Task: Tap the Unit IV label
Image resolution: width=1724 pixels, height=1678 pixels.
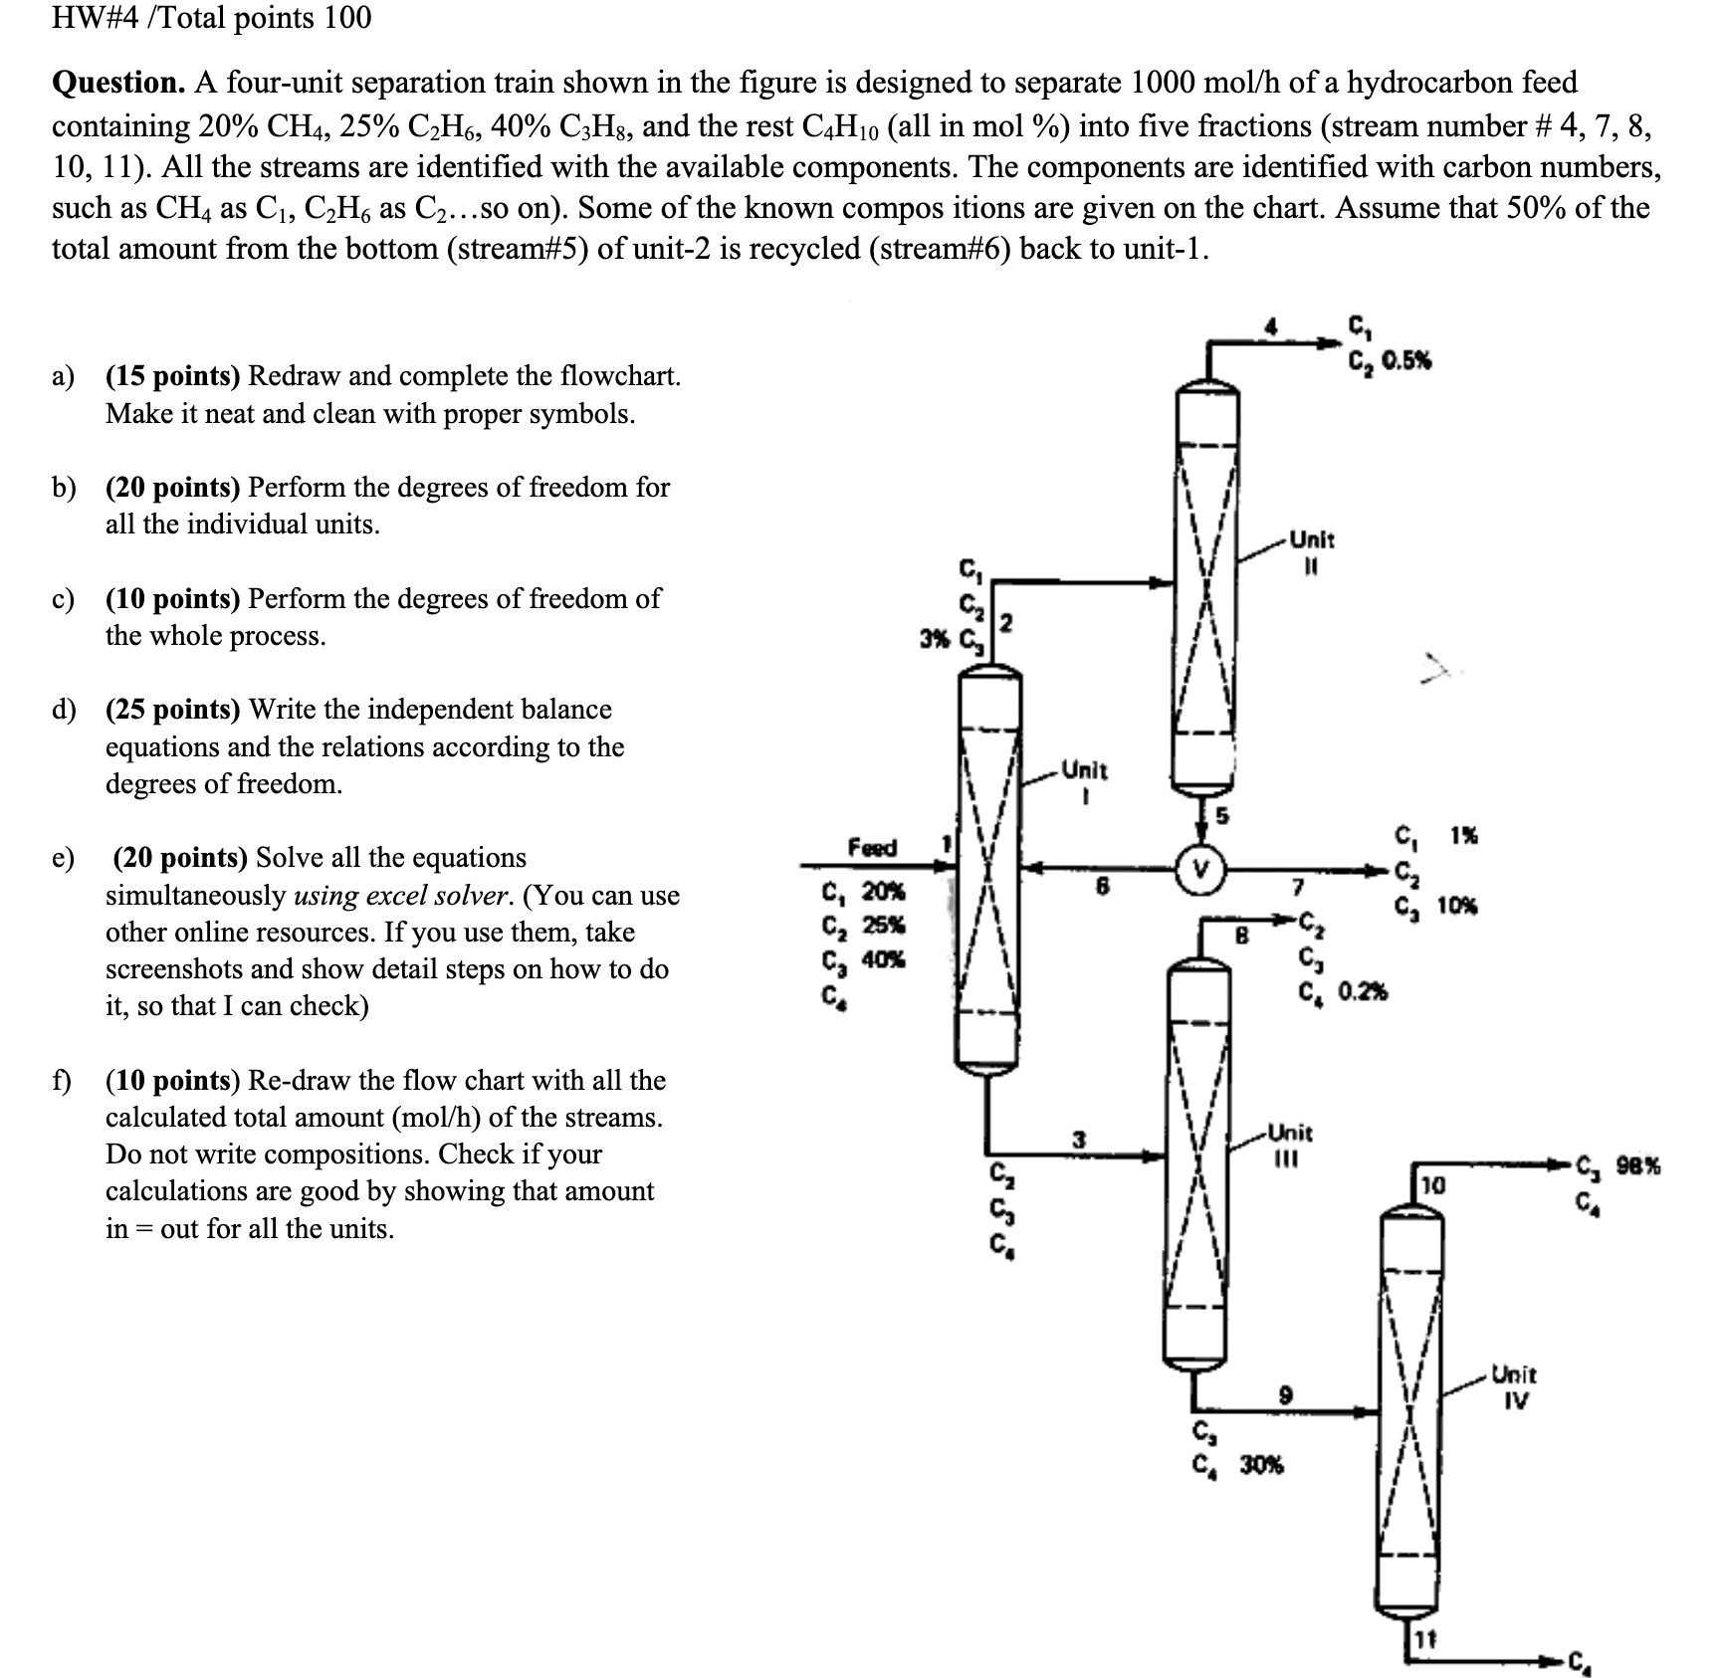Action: click(1512, 1387)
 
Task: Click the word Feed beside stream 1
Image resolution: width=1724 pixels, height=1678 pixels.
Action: click(872, 847)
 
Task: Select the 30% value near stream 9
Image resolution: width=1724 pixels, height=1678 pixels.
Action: click(1261, 1465)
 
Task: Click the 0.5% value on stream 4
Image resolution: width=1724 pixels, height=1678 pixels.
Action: click(1404, 361)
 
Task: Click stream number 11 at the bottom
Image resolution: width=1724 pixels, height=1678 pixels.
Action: click(1424, 1637)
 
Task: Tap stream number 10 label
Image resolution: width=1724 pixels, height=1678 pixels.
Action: click(1432, 1185)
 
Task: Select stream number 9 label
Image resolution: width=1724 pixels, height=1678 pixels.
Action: click(1286, 1395)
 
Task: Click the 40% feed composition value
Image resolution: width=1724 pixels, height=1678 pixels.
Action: click(884, 960)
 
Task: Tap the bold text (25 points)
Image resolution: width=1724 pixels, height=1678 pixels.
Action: click(172, 710)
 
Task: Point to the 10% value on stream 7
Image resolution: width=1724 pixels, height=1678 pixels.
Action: click(1456, 906)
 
